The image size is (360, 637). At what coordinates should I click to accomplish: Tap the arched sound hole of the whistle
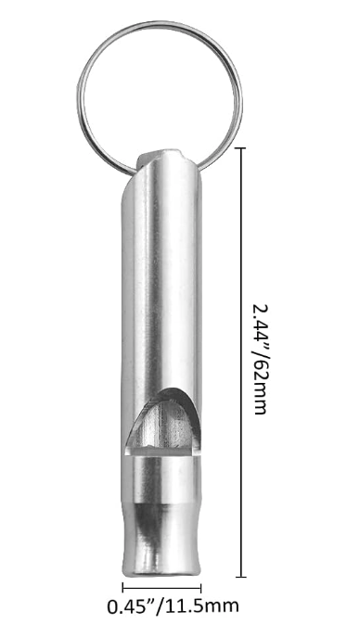pos(163,422)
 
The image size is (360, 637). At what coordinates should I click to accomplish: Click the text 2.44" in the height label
pos(261,322)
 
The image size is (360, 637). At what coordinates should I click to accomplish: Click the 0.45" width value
pos(132,606)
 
